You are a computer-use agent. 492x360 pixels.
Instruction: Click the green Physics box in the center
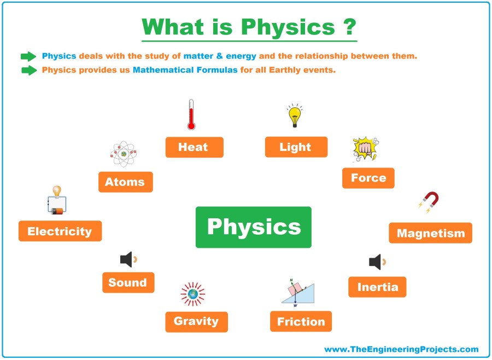(254, 227)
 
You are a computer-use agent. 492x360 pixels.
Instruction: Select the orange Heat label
(195, 147)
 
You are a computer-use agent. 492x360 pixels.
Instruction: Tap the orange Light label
(296, 147)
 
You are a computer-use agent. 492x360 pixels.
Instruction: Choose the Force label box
(368, 178)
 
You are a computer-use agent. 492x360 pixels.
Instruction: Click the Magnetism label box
(431, 233)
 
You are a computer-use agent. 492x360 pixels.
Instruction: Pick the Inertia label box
(377, 287)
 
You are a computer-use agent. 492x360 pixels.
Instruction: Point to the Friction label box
(301, 321)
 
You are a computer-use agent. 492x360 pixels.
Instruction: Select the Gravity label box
(196, 322)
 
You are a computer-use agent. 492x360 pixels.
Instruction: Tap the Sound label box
(128, 282)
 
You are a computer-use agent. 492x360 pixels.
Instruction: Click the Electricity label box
(60, 231)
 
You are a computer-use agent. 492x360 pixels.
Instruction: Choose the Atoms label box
(126, 182)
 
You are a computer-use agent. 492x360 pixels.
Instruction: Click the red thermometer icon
(191, 115)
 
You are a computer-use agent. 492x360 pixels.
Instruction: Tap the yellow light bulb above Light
(294, 115)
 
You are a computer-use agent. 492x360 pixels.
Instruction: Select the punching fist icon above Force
(366, 149)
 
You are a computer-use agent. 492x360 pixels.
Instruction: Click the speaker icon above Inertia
(377, 262)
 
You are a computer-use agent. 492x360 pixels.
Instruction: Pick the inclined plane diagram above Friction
(298, 293)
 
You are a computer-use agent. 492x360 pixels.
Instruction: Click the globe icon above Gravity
(193, 294)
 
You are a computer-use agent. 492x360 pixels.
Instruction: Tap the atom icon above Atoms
(124, 154)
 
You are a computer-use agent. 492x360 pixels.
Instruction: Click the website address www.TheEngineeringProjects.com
(401, 349)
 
